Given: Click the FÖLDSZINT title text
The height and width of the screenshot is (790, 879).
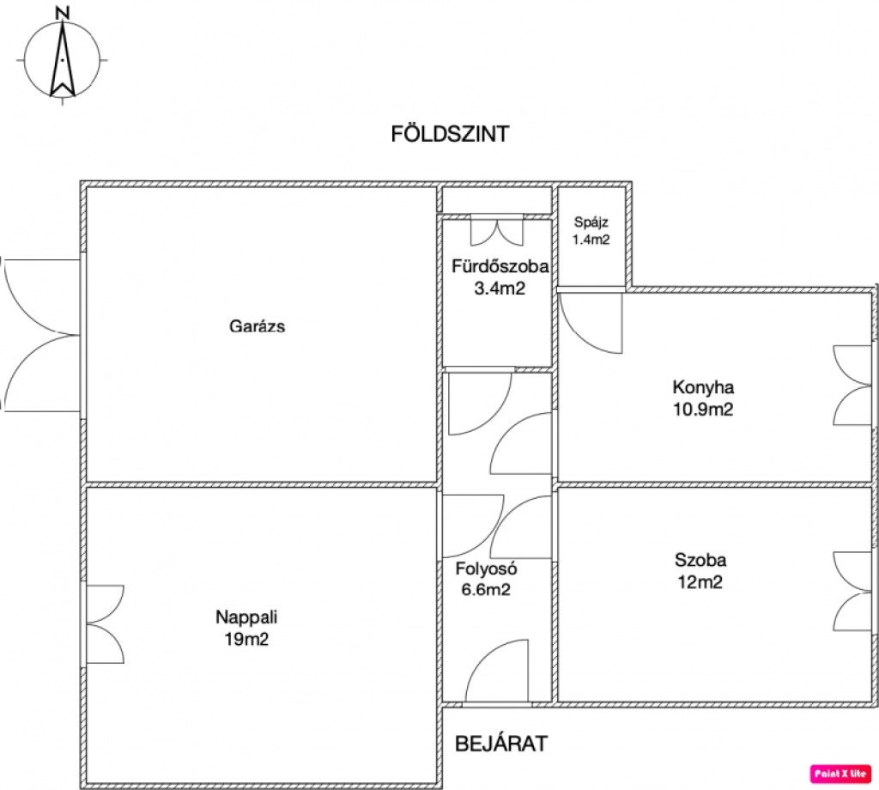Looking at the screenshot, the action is click(450, 134).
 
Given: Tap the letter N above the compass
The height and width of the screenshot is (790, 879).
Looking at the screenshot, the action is click(64, 13).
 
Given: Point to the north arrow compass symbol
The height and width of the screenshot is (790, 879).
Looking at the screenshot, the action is click(63, 60).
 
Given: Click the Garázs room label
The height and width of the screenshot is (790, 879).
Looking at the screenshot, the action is click(257, 326).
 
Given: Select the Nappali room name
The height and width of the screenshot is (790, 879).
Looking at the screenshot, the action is click(246, 617).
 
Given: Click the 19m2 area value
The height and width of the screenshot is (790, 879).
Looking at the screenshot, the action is click(246, 639).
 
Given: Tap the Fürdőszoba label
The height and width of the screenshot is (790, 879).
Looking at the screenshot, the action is click(500, 265).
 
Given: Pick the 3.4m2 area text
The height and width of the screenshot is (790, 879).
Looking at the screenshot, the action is click(500, 289).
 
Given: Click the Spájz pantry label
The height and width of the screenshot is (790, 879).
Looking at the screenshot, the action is click(591, 222).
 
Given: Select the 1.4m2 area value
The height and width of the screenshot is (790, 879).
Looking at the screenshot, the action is click(591, 240).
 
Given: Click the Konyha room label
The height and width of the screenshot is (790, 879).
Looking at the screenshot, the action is click(703, 387).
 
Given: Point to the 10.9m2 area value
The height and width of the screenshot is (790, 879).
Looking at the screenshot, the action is click(703, 410).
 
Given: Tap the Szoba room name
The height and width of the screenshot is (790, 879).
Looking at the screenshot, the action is click(700, 560).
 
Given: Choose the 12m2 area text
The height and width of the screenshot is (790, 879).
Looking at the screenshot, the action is click(700, 582).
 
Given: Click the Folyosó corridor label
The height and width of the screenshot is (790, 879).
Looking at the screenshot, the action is click(486, 568).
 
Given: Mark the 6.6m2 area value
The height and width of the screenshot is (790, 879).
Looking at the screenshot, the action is click(486, 590).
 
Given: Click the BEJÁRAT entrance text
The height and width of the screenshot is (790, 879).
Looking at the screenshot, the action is click(501, 744).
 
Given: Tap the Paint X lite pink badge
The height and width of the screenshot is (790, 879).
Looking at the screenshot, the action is click(840, 774).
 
